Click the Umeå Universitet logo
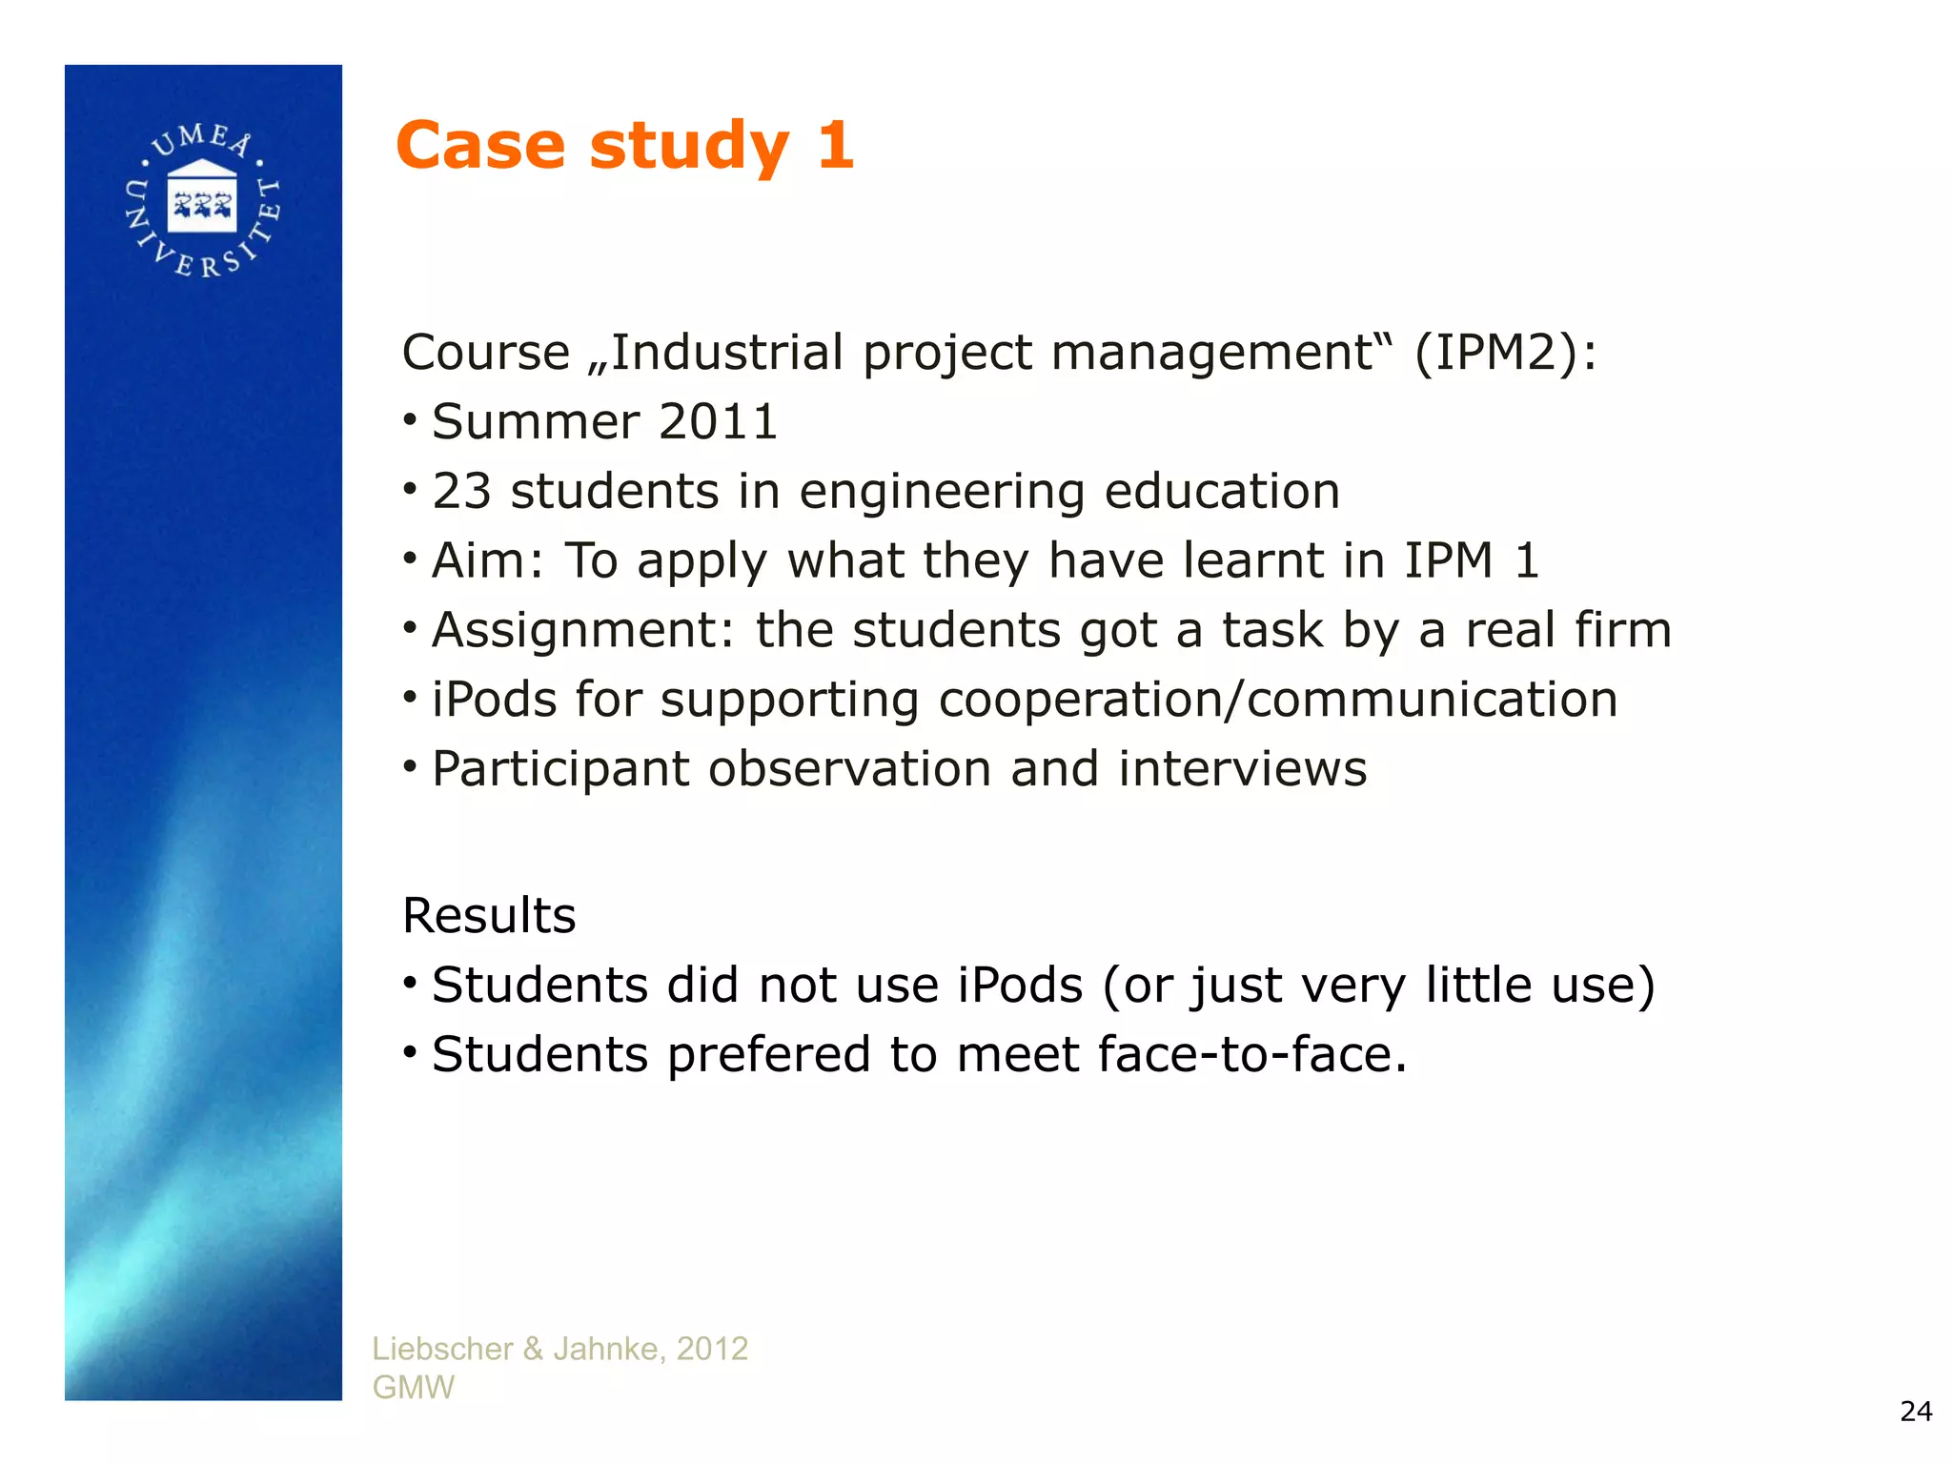coord(202,201)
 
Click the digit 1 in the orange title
coord(835,146)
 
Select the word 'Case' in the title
coord(480,146)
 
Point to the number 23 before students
coord(461,492)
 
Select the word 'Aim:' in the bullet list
coord(487,560)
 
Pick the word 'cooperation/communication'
coord(1278,700)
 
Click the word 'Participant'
coord(560,769)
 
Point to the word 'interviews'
coord(1243,769)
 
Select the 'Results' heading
coord(489,916)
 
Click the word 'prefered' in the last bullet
coord(768,1055)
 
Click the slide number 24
coord(1916,1411)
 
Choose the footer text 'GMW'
coord(414,1388)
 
